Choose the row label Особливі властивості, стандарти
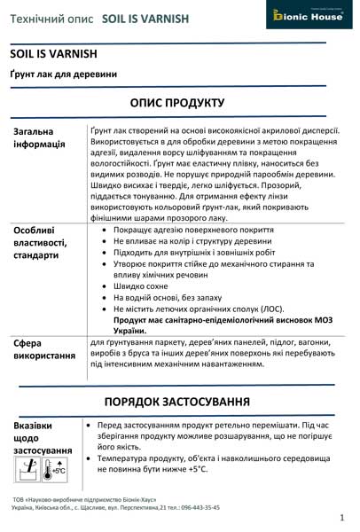[x=41, y=242]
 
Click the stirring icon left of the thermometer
[x=27, y=470]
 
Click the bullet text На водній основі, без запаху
[x=164, y=298]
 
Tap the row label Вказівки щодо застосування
[x=40, y=438]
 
